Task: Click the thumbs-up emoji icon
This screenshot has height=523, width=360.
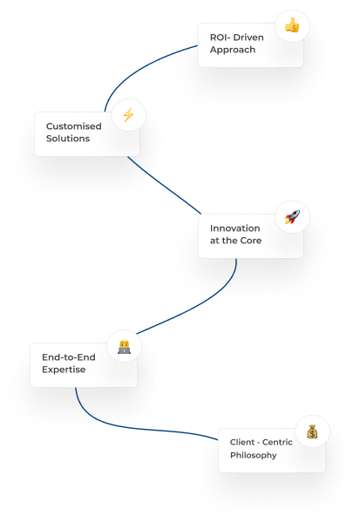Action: click(292, 25)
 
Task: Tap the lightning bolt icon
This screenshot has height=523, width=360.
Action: click(128, 115)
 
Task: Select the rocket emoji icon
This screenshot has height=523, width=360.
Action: click(292, 217)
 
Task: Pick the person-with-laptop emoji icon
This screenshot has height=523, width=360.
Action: click(124, 347)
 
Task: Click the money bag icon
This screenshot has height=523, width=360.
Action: click(312, 431)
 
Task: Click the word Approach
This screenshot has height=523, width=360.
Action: click(233, 50)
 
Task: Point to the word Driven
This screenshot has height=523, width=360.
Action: click(248, 37)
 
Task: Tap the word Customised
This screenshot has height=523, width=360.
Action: click(74, 126)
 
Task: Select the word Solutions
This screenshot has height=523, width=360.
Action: click(68, 139)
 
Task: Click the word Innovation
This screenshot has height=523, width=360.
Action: click(234, 228)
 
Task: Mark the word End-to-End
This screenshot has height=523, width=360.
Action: click(69, 357)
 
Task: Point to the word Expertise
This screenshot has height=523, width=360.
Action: click(64, 370)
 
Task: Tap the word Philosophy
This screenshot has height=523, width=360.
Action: click(254, 455)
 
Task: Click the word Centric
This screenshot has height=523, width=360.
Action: click(277, 442)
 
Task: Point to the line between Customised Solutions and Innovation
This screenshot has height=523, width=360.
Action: click(164, 187)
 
